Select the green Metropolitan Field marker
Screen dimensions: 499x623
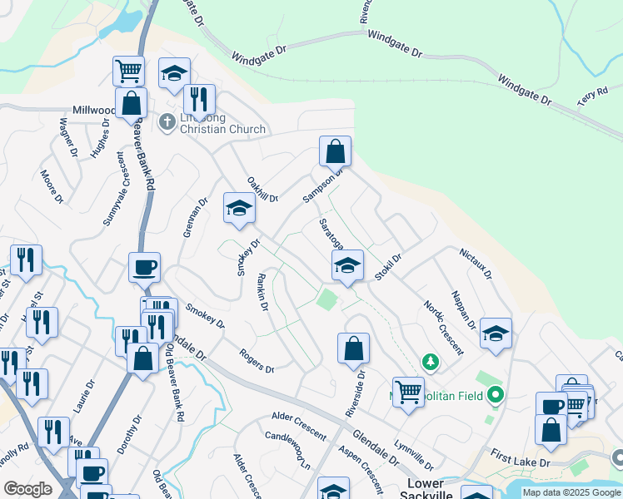coord(496,394)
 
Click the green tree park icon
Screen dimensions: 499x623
coord(431,363)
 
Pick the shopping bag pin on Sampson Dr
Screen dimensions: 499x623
coord(335,152)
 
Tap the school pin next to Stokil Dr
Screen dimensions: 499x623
coord(347,266)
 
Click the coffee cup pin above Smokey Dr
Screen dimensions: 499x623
coord(144,269)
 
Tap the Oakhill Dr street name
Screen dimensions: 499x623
coord(262,189)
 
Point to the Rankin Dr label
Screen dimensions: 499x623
coord(262,292)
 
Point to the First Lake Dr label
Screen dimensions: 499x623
coord(521,457)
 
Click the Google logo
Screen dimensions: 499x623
coord(28,488)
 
